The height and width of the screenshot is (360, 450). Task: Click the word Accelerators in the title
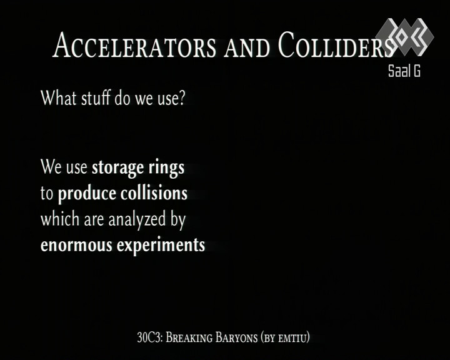[x=134, y=45]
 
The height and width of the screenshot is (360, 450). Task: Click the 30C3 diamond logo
[x=405, y=37]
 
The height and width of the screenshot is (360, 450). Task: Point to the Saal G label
[x=404, y=71]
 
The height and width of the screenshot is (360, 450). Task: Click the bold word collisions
[x=154, y=193]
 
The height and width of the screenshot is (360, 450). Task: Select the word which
[x=60, y=219]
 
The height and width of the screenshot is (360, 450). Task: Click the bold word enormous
[x=76, y=246]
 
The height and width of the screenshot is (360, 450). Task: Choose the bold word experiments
[x=161, y=246]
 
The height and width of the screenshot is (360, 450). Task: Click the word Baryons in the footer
[x=236, y=337]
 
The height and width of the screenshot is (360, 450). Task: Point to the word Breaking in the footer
[x=189, y=337]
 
